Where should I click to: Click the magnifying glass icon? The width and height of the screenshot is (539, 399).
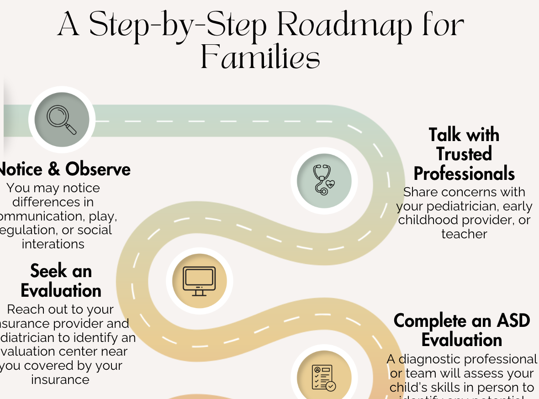(x=62, y=119)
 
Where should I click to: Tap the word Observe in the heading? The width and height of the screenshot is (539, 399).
(x=98, y=169)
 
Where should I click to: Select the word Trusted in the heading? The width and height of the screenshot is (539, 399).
(x=464, y=154)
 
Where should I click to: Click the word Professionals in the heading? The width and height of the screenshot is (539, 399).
(x=464, y=174)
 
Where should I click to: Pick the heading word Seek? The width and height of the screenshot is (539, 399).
(x=48, y=271)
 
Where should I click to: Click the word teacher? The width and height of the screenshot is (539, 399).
(x=464, y=234)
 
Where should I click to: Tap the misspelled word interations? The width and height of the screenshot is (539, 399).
(x=53, y=244)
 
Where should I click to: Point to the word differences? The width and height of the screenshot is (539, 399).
(x=53, y=202)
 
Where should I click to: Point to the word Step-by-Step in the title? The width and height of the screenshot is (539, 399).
(x=178, y=26)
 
